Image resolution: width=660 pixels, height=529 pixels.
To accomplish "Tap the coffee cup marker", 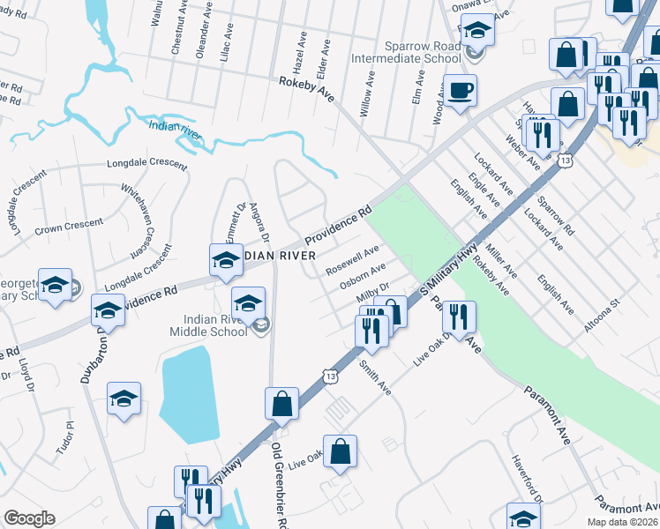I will click(459, 91).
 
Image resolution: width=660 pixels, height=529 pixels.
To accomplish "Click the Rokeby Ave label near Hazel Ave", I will click(306, 88).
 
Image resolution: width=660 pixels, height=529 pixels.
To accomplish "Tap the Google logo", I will click(29, 518).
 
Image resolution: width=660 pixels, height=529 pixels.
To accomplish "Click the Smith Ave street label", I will click(375, 377).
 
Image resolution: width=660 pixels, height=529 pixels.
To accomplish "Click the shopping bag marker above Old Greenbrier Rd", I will click(281, 405).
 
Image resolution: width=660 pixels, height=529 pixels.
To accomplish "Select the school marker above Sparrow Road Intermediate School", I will click(477, 34).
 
